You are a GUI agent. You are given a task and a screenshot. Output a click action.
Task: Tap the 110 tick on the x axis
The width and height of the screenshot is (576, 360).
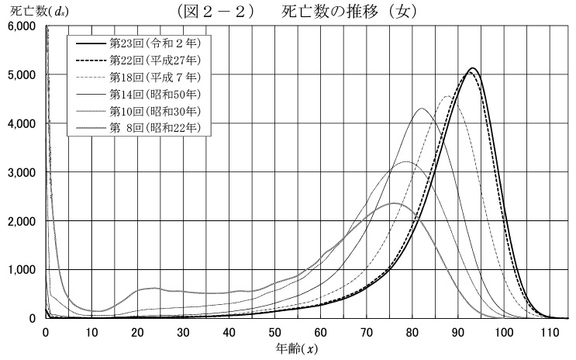tap(550, 332)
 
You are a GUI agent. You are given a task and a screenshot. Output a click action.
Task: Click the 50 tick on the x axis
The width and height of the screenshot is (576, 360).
tap(275, 332)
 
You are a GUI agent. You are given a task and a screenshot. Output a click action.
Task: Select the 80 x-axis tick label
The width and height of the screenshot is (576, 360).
tap(413, 332)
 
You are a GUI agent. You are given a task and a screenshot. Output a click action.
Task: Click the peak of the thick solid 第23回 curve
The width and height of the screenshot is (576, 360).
tap(472, 68)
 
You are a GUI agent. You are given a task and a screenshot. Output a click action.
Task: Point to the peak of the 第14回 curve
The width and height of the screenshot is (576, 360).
tap(421, 109)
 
